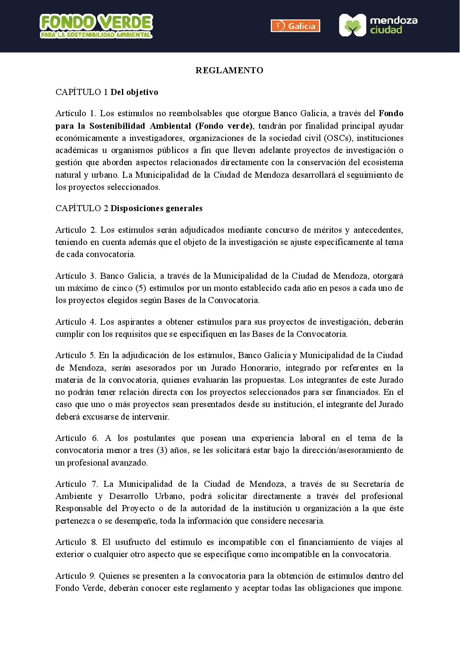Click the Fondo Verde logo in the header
coord(96,26)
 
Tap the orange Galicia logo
coord(295,26)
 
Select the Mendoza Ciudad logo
coord(378,25)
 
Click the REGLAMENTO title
coord(229,71)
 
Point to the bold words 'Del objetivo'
coord(135,92)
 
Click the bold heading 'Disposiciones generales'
coord(156,209)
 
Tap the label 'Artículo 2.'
coord(76,230)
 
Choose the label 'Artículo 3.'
coord(76,276)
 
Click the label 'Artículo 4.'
coord(76,322)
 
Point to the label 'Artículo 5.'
coord(75,355)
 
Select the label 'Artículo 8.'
coord(76,542)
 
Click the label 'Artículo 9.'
coord(75,576)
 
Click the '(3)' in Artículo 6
coord(162,450)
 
